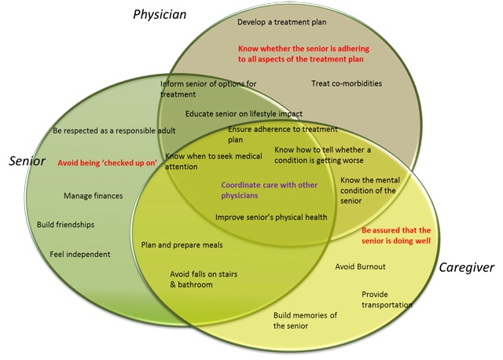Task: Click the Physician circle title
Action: (x=160, y=14)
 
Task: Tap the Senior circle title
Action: (x=27, y=161)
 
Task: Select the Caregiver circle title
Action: (x=466, y=267)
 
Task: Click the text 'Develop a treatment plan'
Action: (x=281, y=22)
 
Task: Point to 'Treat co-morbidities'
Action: (x=347, y=83)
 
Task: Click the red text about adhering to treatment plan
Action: (x=303, y=54)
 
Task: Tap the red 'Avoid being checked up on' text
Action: (x=108, y=163)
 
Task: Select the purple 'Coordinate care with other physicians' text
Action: (x=269, y=190)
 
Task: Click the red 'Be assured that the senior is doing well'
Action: (x=396, y=236)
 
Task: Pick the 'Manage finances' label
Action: (x=93, y=196)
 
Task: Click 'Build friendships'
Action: (x=65, y=225)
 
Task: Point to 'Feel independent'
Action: (x=80, y=255)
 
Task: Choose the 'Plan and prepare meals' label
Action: (x=182, y=245)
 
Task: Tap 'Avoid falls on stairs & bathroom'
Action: (x=204, y=279)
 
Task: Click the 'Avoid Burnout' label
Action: (x=360, y=266)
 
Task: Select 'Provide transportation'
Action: (x=387, y=299)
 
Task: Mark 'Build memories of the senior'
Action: (x=305, y=321)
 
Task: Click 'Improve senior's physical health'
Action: (x=271, y=218)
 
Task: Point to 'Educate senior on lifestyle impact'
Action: (x=244, y=114)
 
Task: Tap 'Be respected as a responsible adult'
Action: (x=114, y=131)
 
